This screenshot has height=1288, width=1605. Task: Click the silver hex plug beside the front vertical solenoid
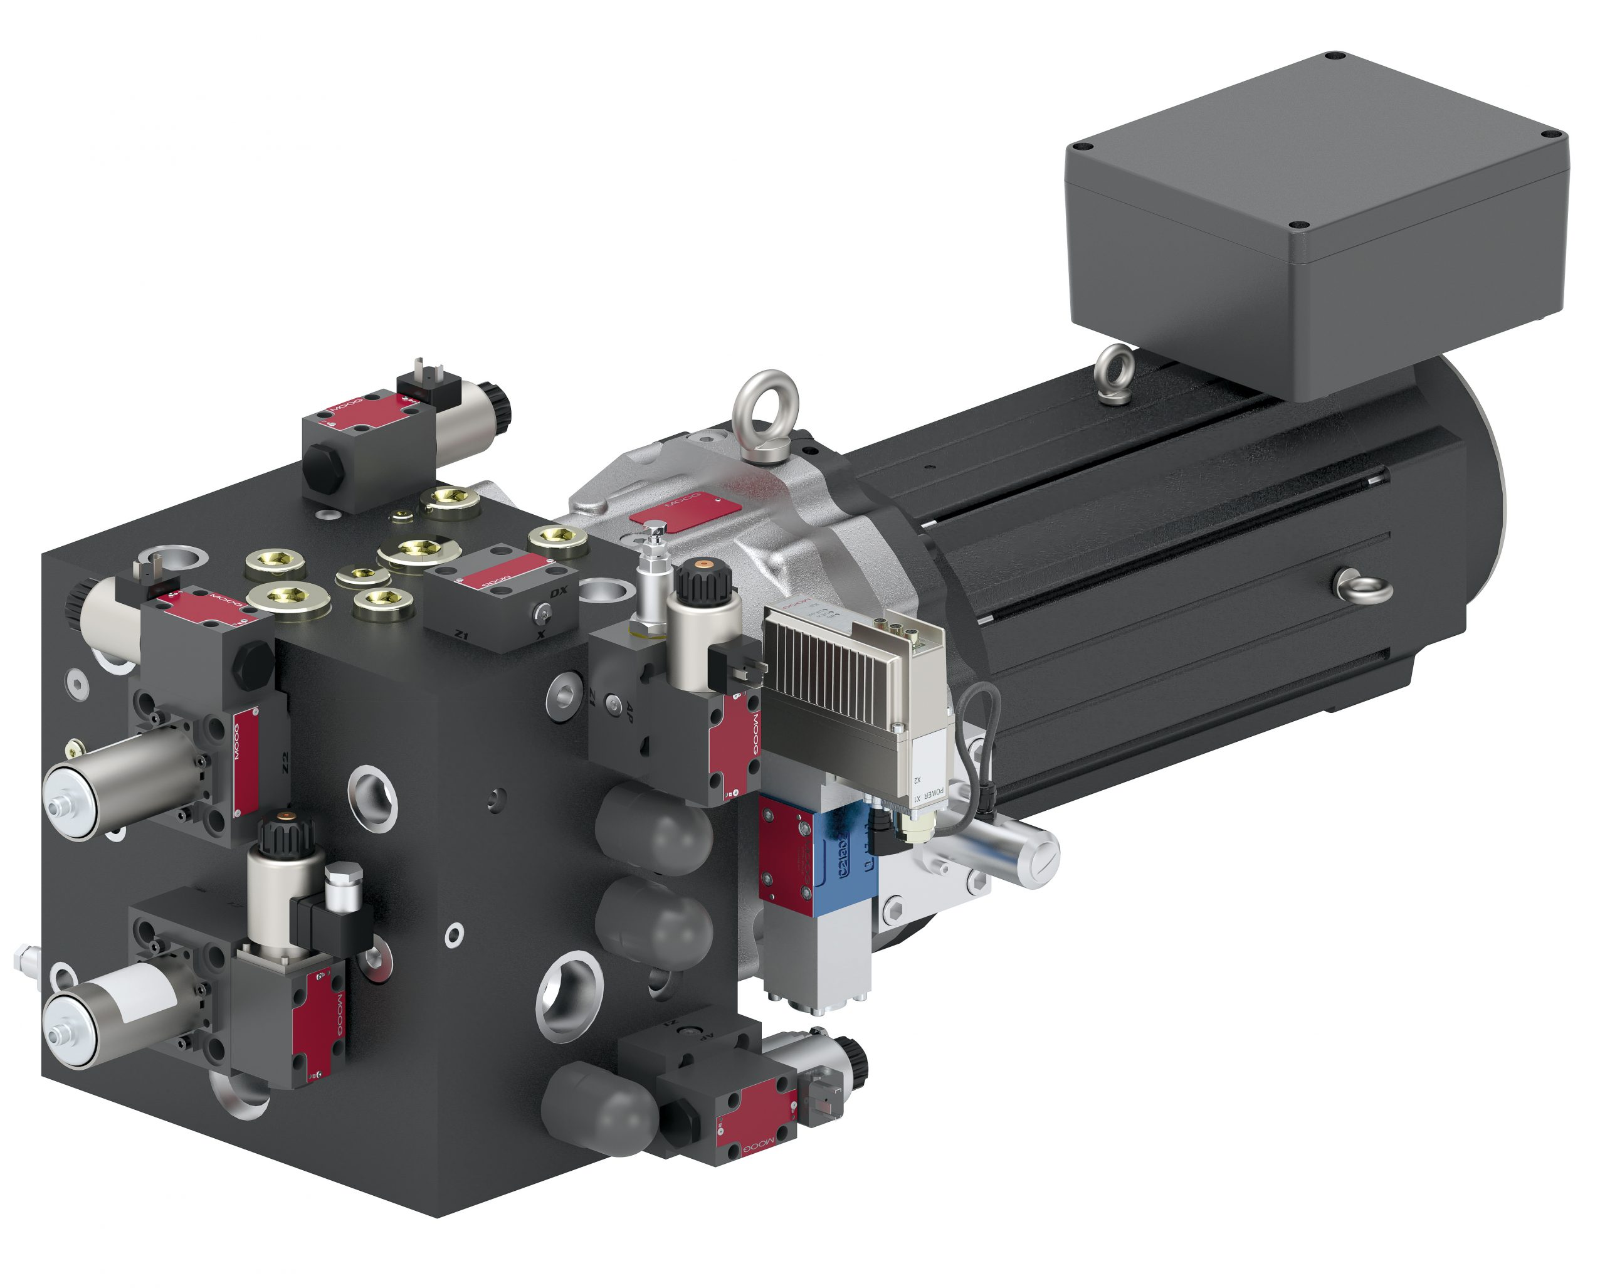click(x=344, y=887)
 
